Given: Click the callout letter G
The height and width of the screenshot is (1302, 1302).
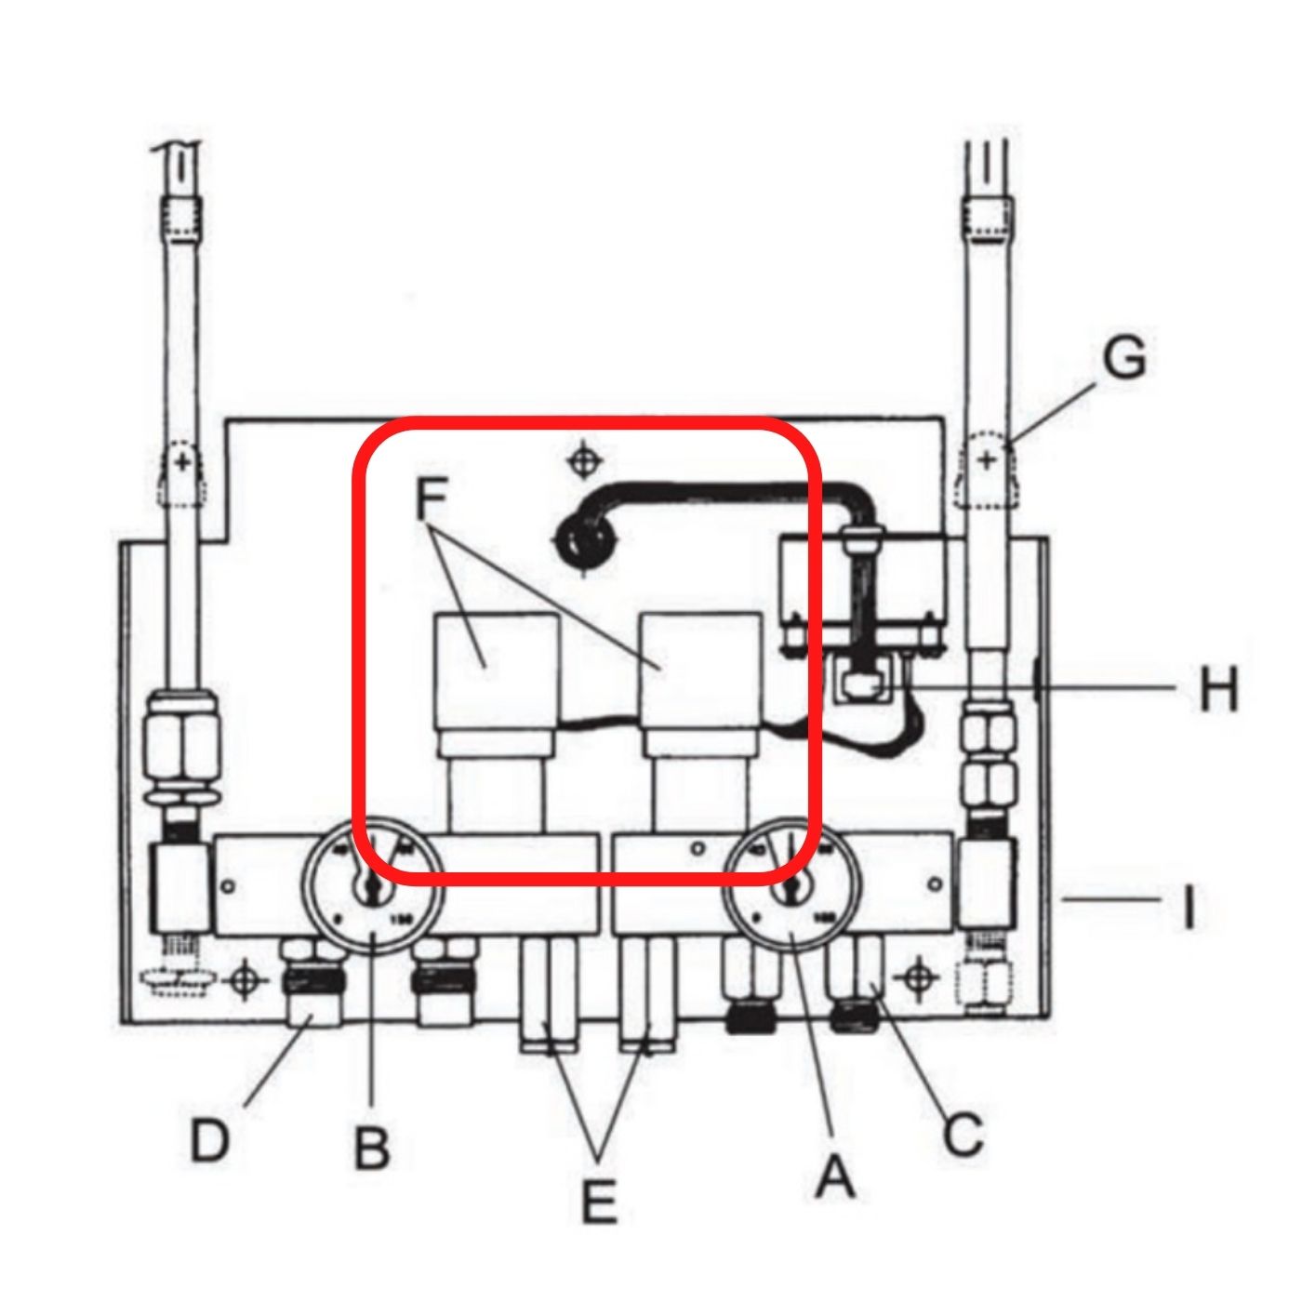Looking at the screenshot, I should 1123,359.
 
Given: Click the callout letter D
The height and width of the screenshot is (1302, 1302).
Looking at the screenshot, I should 210,1140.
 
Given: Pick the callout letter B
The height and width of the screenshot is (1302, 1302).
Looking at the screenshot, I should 372,1148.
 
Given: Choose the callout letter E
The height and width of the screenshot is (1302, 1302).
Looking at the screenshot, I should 598,1202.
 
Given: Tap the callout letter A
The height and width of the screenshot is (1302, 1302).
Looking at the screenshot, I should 834,1176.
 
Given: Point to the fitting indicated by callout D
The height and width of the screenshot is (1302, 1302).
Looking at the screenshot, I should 312,999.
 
